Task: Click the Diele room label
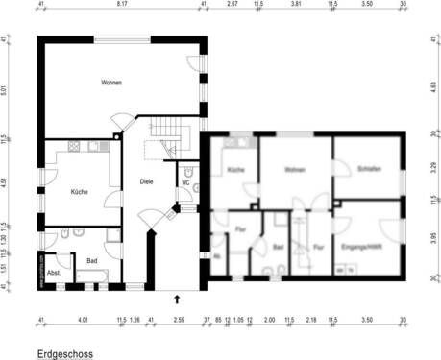click(x=146, y=181)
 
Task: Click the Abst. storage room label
click(x=54, y=273)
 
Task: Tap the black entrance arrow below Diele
click(x=177, y=300)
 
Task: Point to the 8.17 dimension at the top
click(x=121, y=4)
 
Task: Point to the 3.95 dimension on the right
click(x=435, y=236)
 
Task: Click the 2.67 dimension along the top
click(x=232, y=4)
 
